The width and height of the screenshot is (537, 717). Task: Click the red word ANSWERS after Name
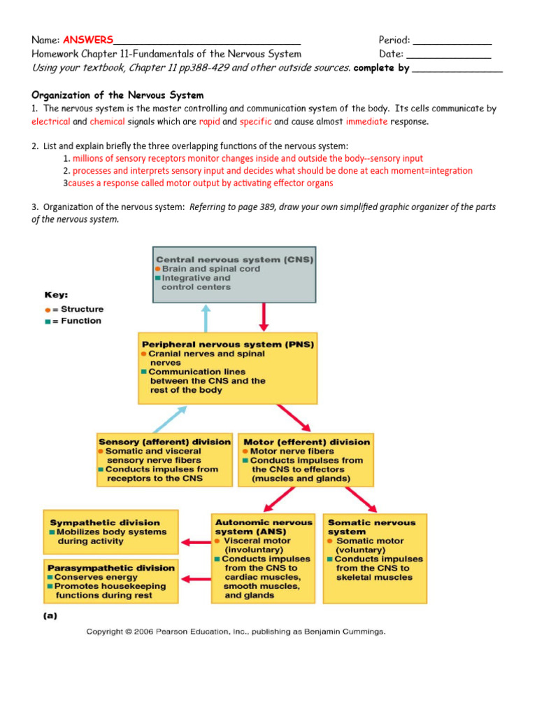click(x=88, y=39)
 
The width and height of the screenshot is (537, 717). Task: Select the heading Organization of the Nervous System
click(x=117, y=95)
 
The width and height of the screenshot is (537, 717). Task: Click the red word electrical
click(x=51, y=121)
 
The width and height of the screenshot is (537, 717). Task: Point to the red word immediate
click(x=366, y=121)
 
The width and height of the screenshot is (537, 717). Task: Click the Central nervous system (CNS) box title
click(x=234, y=259)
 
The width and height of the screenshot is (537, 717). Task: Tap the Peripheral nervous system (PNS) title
click(x=228, y=344)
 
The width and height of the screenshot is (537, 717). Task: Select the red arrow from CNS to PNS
click(x=264, y=316)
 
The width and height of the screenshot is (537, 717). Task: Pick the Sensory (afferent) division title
click(x=164, y=442)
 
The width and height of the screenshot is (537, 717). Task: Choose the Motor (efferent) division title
click(x=306, y=442)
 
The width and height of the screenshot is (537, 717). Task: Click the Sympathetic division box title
click(x=105, y=522)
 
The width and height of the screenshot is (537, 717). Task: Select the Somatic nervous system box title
click(x=371, y=527)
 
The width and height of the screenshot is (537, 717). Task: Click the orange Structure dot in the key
click(x=47, y=309)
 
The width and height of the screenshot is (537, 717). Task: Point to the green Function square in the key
click(x=47, y=321)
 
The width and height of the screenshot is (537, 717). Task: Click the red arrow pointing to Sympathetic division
click(x=195, y=541)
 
